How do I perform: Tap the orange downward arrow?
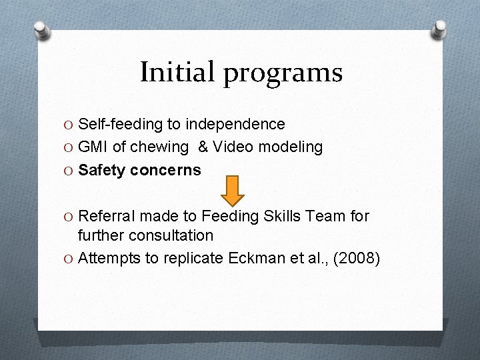pyautogui.click(x=233, y=190)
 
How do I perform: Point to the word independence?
pyautogui.click(x=235, y=125)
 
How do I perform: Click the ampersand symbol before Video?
pyautogui.click(x=203, y=147)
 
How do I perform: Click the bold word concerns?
pyautogui.click(x=165, y=170)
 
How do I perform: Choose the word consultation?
pyautogui.click(x=171, y=235)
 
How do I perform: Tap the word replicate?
pyautogui.click(x=187, y=258)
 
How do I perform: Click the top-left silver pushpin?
pyautogui.click(x=42, y=31)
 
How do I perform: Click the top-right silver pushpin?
pyautogui.click(x=439, y=29)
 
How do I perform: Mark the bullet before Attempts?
pyautogui.click(x=69, y=259)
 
